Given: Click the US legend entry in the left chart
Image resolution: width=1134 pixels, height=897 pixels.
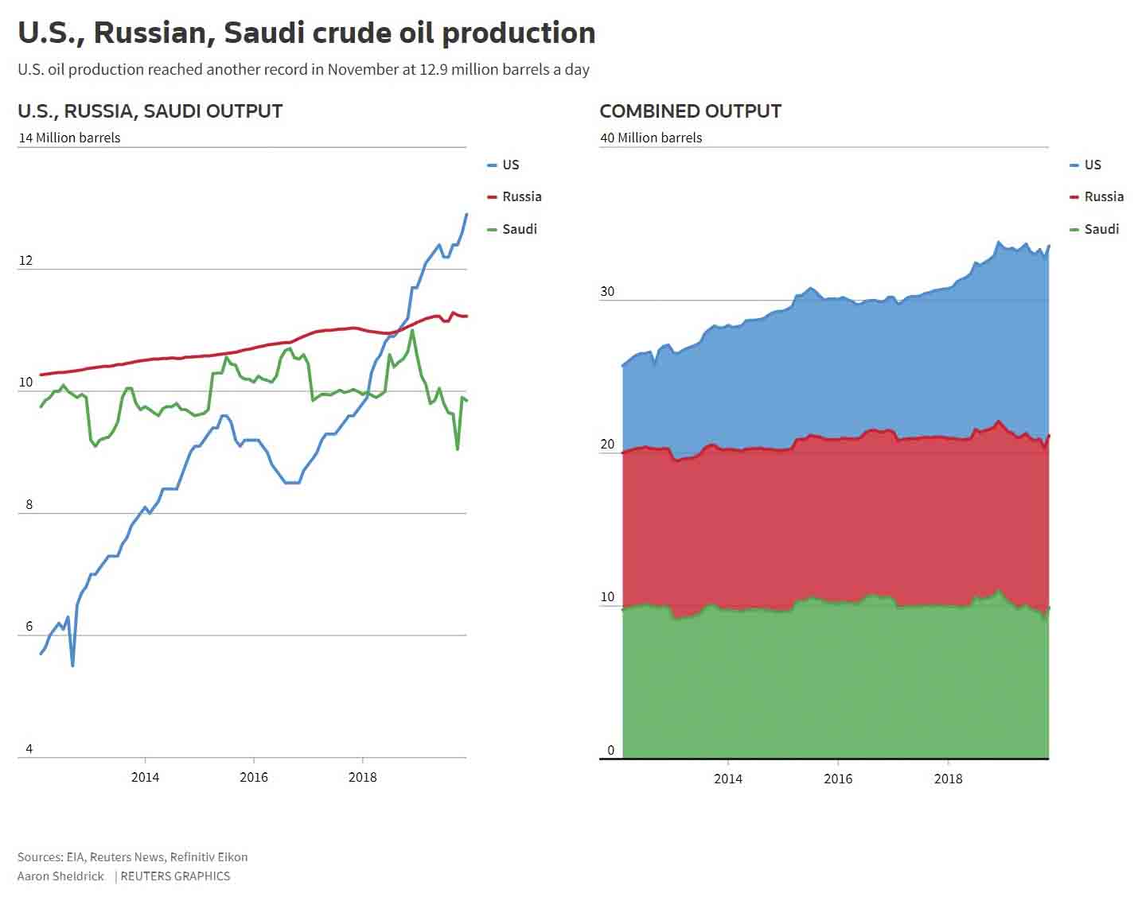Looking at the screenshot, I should [x=510, y=165].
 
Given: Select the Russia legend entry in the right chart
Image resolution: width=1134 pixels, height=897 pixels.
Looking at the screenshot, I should [x=1103, y=196].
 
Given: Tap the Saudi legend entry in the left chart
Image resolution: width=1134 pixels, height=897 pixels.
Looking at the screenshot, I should [x=519, y=229].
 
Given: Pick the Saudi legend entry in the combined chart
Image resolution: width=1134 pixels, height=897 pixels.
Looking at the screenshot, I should [x=1101, y=229].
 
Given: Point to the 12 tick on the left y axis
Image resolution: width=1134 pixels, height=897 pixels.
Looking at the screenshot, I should [x=26, y=260].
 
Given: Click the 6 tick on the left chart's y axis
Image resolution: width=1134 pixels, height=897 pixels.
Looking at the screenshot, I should [x=29, y=626].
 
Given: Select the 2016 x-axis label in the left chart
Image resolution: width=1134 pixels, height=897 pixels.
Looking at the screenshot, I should [x=254, y=777].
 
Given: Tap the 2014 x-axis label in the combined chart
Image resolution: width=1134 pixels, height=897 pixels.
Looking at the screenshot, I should [x=727, y=779].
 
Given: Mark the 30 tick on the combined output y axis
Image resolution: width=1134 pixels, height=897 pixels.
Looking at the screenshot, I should [x=607, y=291].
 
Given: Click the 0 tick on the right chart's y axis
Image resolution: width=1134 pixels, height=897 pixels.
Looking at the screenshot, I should [x=611, y=750].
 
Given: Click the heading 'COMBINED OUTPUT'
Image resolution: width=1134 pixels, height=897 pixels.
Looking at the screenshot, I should [x=690, y=111].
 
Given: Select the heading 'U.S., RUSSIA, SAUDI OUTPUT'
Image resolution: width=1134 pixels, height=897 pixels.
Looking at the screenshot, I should [x=150, y=111].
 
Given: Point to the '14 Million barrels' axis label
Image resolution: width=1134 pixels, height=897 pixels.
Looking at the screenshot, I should [x=70, y=138].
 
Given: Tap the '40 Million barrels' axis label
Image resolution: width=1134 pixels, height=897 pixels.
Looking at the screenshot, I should [x=651, y=138].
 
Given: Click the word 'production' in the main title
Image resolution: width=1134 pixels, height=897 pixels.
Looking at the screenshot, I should [x=518, y=33].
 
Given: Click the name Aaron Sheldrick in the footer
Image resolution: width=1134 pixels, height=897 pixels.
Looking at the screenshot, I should [x=60, y=876].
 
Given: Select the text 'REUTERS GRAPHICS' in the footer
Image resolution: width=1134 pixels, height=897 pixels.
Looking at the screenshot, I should [x=175, y=876].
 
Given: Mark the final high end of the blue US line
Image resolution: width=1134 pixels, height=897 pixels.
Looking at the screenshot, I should [x=466, y=214].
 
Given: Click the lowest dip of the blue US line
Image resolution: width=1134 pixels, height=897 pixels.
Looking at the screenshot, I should [x=72, y=666].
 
